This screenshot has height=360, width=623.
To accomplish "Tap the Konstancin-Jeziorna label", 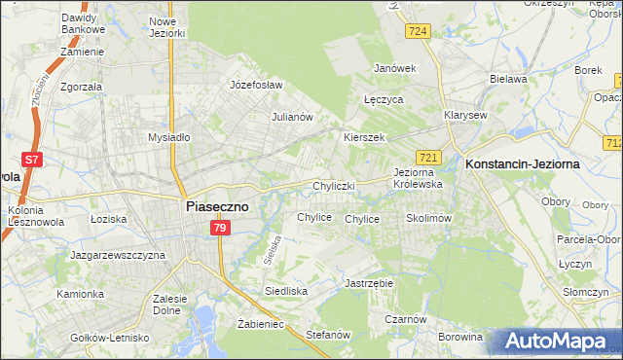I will (x=523, y=164).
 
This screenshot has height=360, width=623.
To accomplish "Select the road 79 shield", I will (x=220, y=228).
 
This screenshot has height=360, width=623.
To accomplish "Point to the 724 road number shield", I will (x=419, y=32).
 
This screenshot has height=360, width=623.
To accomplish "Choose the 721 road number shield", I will (x=429, y=157).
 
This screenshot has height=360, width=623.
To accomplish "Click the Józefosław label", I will (x=256, y=85).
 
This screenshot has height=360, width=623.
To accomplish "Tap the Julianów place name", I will (x=291, y=117).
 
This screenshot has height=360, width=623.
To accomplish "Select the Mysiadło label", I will (x=168, y=138).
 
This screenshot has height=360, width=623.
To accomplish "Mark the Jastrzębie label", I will (x=368, y=283).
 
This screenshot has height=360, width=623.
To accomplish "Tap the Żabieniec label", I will (x=260, y=324).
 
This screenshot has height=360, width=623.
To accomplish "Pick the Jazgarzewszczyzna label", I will (x=118, y=255).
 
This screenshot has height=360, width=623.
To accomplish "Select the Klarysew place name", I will (x=465, y=115).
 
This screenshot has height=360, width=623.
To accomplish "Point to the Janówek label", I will (x=395, y=68).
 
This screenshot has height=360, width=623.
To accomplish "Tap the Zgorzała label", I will (x=81, y=86).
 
